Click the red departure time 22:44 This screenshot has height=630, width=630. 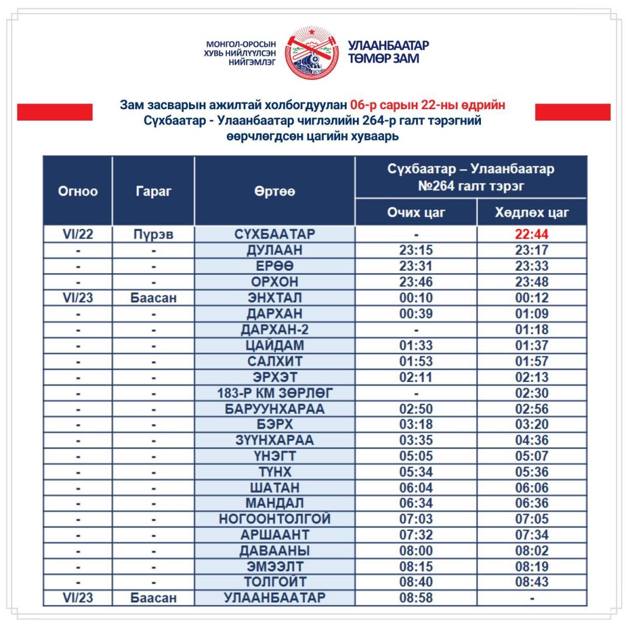[x=531, y=234]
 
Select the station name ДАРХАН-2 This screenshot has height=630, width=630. [x=275, y=330]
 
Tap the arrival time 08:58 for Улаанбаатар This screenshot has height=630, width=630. [x=416, y=597]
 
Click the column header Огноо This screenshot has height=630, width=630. [x=78, y=191]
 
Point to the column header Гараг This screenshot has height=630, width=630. [x=153, y=191]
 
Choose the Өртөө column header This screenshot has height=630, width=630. [x=275, y=191]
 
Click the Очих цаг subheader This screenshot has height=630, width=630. [x=416, y=212]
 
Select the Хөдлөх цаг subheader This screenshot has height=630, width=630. [x=531, y=212]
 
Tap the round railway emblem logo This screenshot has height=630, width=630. [x=312, y=52]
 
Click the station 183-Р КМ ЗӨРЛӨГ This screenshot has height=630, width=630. [x=275, y=393]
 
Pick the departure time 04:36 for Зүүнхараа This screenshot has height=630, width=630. [x=531, y=440]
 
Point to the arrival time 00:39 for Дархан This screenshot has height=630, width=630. [x=416, y=313]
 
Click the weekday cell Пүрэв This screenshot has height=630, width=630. [x=153, y=234]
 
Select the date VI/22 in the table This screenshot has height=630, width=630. [x=78, y=234]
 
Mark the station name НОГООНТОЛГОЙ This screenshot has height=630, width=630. [x=275, y=519]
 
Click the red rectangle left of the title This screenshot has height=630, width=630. [x=55, y=112]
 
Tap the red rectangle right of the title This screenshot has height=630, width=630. [x=573, y=112]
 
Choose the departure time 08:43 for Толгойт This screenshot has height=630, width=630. [x=531, y=582]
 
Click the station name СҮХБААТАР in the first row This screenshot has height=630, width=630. [x=275, y=234]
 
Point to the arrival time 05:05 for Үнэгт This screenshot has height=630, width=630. [x=416, y=456]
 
